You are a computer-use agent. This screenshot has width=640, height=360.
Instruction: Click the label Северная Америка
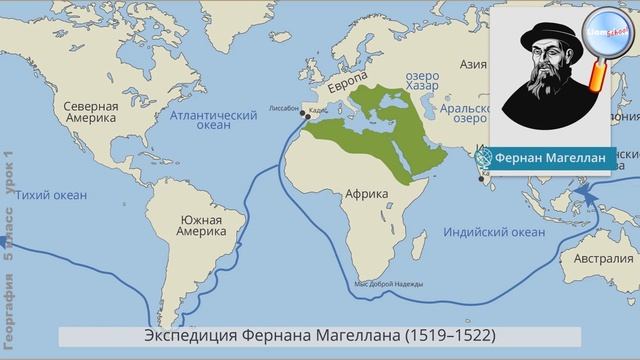click(x=91, y=114)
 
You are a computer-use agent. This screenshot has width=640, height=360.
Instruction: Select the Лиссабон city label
click(x=285, y=104)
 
